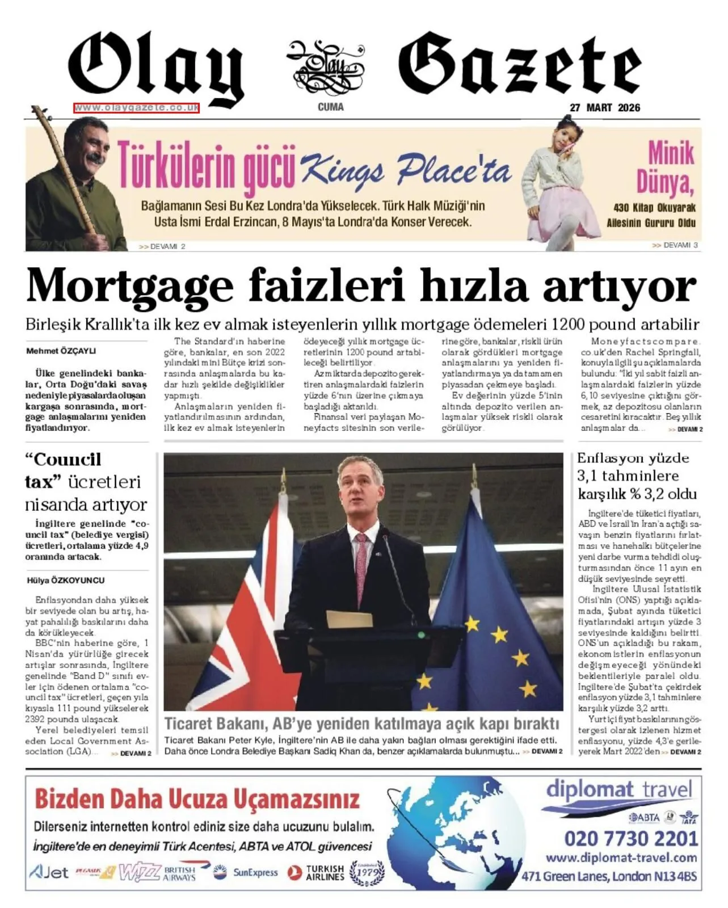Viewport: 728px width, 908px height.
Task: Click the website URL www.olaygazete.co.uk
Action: click(x=136, y=108)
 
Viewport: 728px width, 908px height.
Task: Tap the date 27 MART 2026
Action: click(x=605, y=108)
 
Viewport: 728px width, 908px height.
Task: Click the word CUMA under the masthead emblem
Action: click(x=330, y=107)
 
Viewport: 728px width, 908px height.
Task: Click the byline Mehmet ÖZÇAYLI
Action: click(x=61, y=351)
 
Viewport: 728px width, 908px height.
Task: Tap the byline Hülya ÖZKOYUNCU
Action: click(x=66, y=581)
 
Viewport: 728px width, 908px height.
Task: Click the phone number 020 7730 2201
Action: click(x=630, y=838)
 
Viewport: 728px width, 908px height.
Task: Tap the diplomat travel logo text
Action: click(x=618, y=789)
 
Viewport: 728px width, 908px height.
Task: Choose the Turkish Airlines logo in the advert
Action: click(x=317, y=872)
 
